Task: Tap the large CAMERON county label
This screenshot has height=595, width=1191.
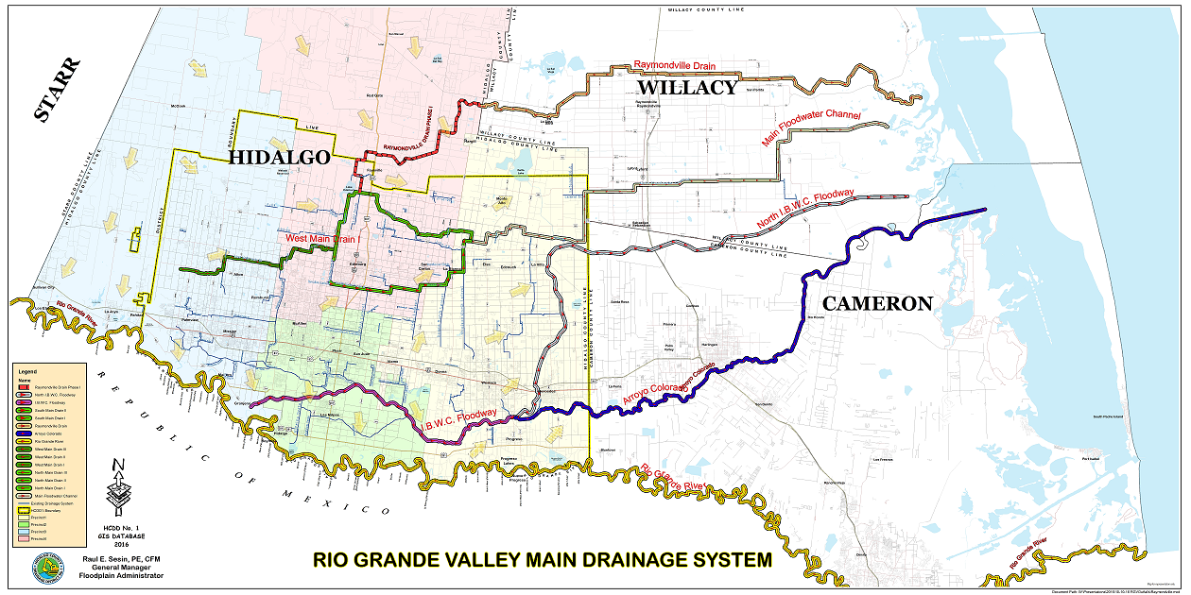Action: tap(876, 303)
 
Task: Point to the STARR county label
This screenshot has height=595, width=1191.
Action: tap(58, 90)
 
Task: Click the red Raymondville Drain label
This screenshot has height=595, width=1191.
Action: tap(674, 65)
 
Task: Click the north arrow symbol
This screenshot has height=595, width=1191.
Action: tap(116, 477)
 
